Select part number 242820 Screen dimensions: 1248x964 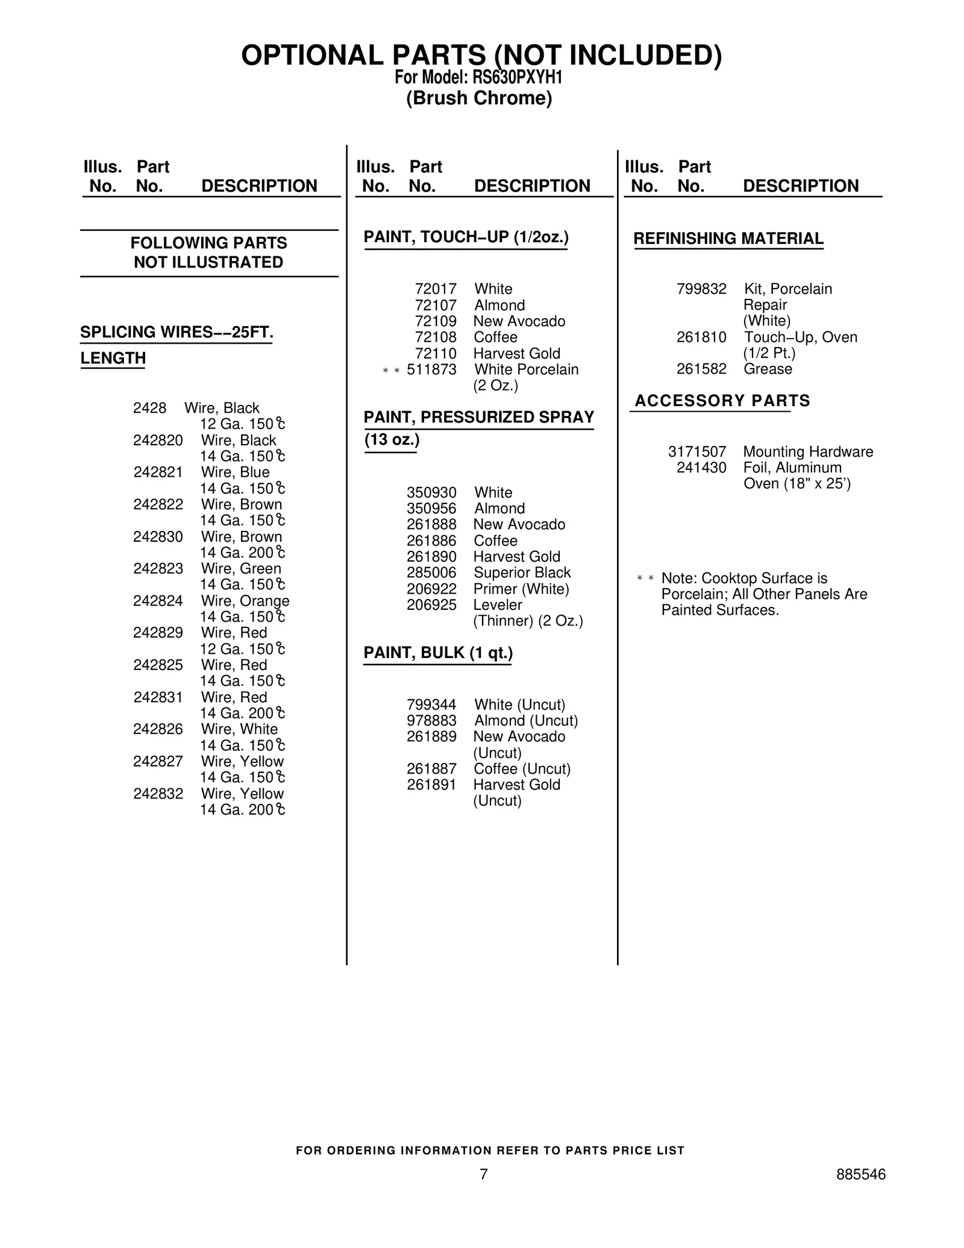(x=158, y=441)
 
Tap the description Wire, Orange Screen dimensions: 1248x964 (x=245, y=601)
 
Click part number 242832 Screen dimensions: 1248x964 (x=158, y=794)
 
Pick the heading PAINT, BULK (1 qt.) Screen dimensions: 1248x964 (x=438, y=653)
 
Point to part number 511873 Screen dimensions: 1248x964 (x=431, y=369)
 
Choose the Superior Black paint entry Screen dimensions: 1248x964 (x=522, y=572)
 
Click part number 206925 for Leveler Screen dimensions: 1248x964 (x=431, y=604)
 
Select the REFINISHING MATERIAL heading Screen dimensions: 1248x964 (x=728, y=239)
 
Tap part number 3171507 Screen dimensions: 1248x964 (x=697, y=452)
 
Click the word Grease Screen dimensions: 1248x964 (x=768, y=369)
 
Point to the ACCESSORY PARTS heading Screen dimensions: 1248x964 (x=722, y=401)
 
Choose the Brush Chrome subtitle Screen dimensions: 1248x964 (x=479, y=98)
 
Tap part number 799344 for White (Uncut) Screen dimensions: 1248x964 (x=431, y=704)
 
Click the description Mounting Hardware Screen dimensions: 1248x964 (x=808, y=452)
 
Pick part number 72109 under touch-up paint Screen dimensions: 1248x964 (x=436, y=321)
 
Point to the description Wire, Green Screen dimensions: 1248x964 (x=241, y=569)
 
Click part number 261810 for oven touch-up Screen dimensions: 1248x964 (x=701, y=337)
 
